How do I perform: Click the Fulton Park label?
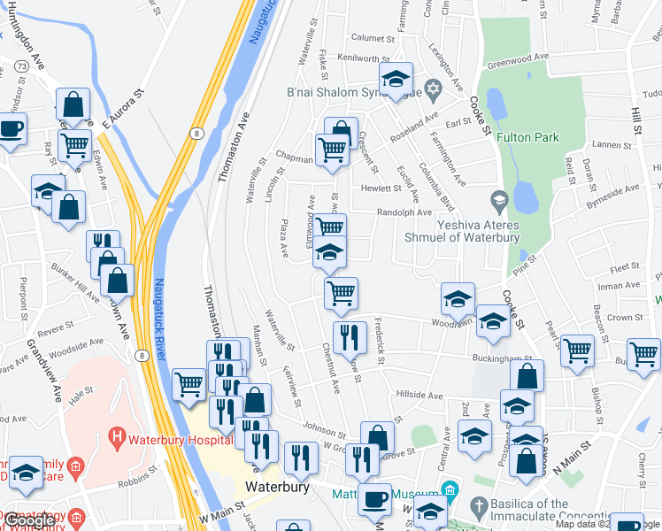pyautogui.click(x=527, y=137)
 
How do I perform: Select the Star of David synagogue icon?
pyautogui.click(x=433, y=88)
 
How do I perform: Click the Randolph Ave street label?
pyautogui.click(x=404, y=212)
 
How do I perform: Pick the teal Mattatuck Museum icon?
pyautogui.click(x=450, y=490)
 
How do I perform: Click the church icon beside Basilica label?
pyautogui.click(x=479, y=508)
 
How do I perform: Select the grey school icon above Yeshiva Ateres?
pyautogui.click(x=498, y=201)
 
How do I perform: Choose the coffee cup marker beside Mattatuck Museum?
pyautogui.click(x=373, y=499)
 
